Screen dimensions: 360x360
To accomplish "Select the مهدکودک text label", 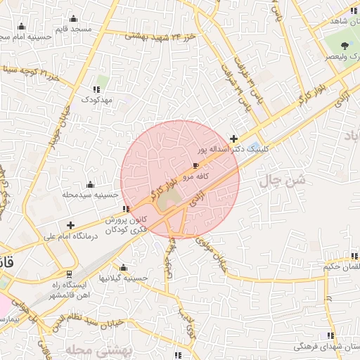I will pyautogui.click(x=97, y=101).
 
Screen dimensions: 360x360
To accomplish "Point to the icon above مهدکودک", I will pyautogui.click(x=97, y=89).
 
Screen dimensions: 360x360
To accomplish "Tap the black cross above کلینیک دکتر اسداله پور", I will pyautogui.click(x=234, y=139).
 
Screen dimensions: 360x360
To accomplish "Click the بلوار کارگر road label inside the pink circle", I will pyautogui.click(x=161, y=185).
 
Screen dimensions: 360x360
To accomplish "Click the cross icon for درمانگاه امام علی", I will pyautogui.click(x=70, y=225).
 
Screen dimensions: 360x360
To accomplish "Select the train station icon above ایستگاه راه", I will pyautogui.click(x=69, y=274).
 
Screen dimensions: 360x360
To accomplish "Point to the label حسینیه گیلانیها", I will pyautogui.click(x=124, y=278).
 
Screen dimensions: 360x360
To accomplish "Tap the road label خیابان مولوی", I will pyautogui.click(x=213, y=253).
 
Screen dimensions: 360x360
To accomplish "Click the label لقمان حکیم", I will pyautogui.click(x=342, y=267).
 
